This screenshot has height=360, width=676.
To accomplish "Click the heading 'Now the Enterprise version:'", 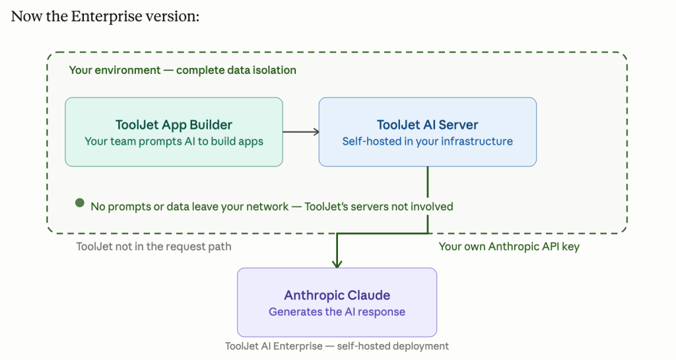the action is coord(105,17).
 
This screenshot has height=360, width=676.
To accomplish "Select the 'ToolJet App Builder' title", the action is coord(174,125).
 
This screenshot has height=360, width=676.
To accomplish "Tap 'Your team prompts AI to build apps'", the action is coord(174,141).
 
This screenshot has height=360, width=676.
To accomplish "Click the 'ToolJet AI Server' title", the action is coord(427,125).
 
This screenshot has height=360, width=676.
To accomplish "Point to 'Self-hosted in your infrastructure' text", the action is coord(427,141).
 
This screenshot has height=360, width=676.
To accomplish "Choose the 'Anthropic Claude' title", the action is coord(337,295).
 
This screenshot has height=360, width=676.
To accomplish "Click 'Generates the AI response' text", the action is coord(337,312).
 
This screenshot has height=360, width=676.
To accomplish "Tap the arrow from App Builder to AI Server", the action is coord(301,131).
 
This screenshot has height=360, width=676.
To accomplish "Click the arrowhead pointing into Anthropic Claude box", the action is coord(337,264).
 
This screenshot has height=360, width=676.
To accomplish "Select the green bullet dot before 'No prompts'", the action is coord(80,203).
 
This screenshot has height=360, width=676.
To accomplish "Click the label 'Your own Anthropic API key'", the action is coord(509,246).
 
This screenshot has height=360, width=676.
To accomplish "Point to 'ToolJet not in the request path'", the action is coord(154,246).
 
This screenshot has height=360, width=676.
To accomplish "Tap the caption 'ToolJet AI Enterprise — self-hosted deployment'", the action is coord(337,346).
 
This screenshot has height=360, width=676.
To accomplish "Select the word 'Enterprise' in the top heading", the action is coord(106,17).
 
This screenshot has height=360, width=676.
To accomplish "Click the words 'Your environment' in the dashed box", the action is coord(115,70).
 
